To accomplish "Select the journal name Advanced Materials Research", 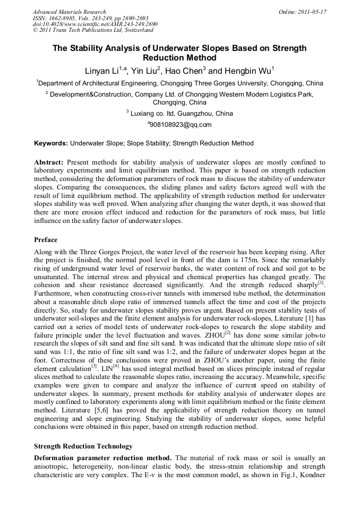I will pyautogui.click(x=69, y=11).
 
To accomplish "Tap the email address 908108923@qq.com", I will pyautogui.click(x=181, y=125).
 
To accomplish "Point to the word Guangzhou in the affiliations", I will pyautogui.click(x=190, y=113).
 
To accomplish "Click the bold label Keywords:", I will pyautogui.click(x=51, y=143).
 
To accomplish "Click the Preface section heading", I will pyautogui.click(x=46, y=240).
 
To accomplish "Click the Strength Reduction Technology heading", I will pyautogui.click(x=83, y=446).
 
